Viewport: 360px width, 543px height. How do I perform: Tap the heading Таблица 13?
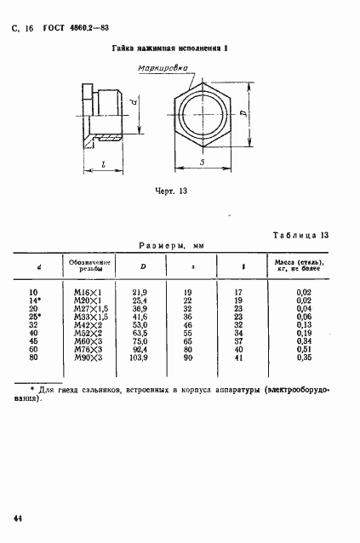(x=306, y=235)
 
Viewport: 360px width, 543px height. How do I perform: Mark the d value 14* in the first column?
(x=35, y=300)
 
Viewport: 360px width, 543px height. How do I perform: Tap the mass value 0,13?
(x=302, y=323)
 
